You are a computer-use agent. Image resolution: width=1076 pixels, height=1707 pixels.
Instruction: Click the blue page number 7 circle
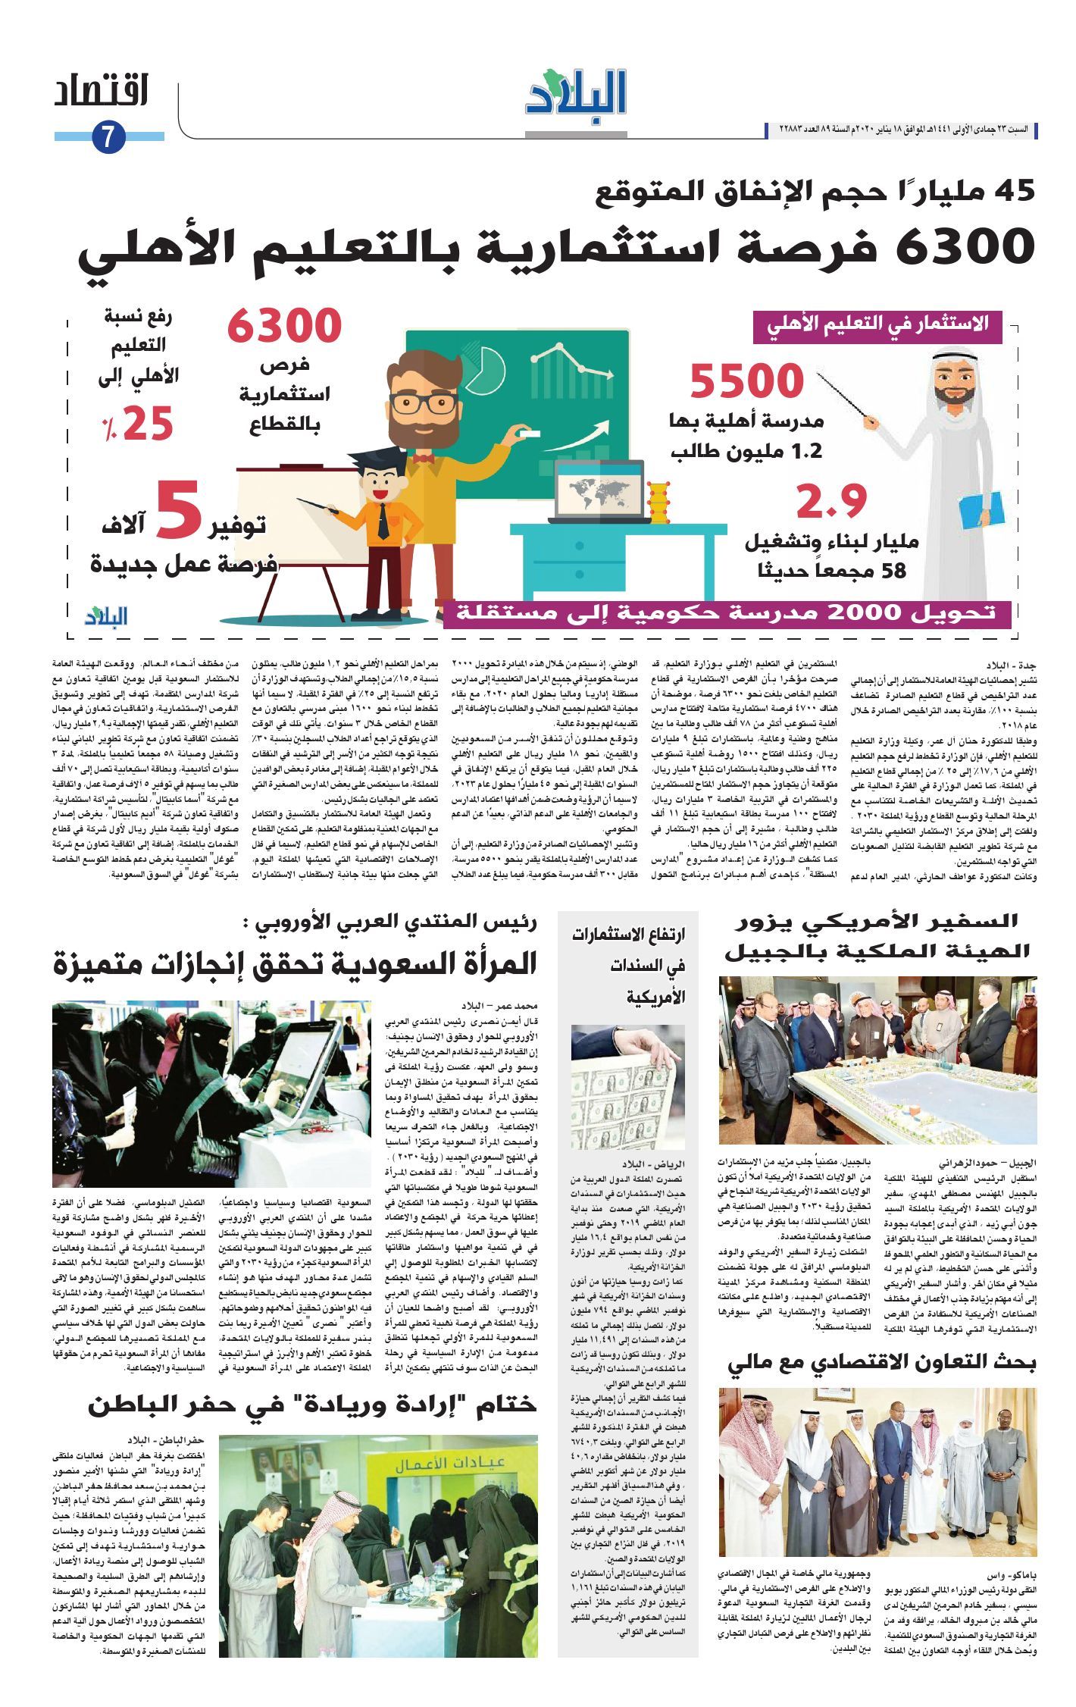(107, 137)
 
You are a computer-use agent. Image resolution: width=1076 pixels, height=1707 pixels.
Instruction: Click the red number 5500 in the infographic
(746, 381)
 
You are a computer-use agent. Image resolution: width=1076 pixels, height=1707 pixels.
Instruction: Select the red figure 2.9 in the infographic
(830, 501)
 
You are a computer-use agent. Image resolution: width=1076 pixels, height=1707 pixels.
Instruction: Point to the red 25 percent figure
(139, 424)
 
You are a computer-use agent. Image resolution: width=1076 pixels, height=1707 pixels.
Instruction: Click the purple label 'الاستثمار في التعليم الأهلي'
(877, 326)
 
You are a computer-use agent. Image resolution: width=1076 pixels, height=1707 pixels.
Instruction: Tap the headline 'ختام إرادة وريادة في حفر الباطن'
(312, 1404)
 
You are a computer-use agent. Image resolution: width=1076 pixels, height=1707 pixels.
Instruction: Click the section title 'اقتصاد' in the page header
(101, 91)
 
